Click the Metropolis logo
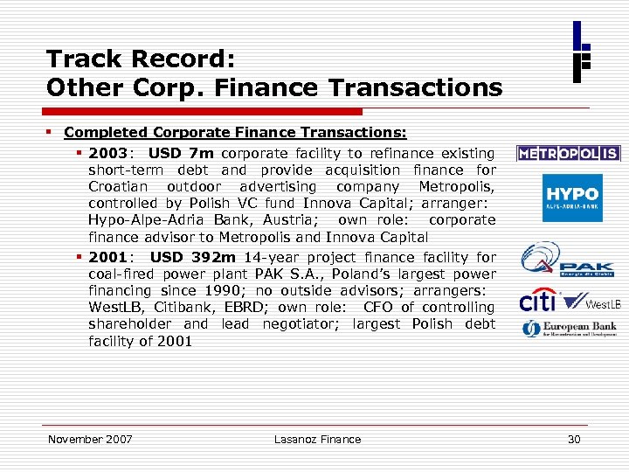point(568,154)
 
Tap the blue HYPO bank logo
point(572,198)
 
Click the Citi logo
point(539,302)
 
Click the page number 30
point(574,440)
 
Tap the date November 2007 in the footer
point(90,440)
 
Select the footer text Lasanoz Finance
point(317,440)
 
